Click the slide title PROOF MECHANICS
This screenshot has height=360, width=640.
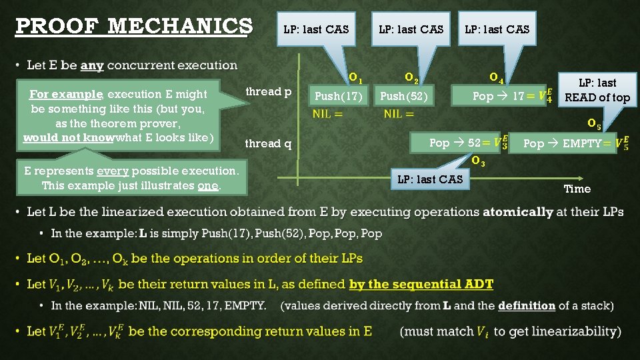pos(133,27)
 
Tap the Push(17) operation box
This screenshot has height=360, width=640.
pos(339,97)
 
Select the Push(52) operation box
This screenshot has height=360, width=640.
pos(404,97)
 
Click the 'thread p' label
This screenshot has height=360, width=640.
pos(269,92)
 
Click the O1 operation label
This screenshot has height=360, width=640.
pos(356,77)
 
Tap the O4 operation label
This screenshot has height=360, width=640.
pos(496,77)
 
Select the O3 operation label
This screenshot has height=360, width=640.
pos(477,161)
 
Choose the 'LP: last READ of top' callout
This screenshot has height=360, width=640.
pos(597,90)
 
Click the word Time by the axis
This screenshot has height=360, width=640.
pos(577,189)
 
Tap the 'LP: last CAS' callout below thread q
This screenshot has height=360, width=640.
pos(429,179)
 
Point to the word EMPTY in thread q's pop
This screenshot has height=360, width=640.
pos(583,143)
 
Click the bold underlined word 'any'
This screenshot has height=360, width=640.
pos(92,65)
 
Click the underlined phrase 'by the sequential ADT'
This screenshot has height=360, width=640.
pos(421,284)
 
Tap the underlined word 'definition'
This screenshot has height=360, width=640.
pos(526,305)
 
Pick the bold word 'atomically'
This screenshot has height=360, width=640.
pos(518,212)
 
